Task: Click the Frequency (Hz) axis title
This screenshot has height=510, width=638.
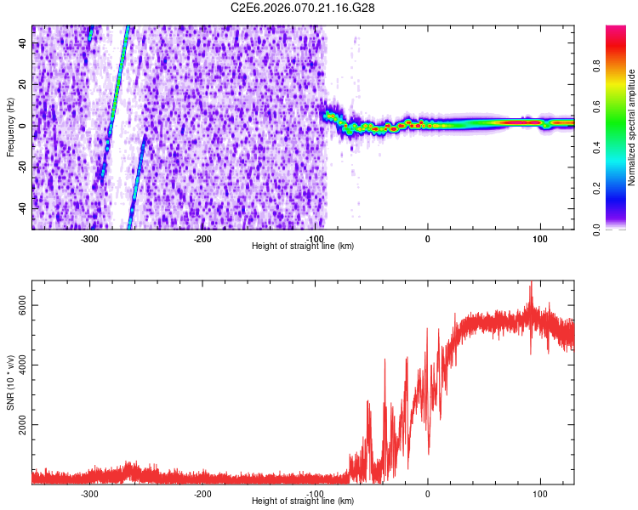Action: pos(10,127)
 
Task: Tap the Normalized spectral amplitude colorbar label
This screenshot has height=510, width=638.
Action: pos(632,127)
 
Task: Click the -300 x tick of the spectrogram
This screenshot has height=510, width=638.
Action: pos(90,238)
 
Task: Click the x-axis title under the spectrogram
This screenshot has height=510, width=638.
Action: pos(304,246)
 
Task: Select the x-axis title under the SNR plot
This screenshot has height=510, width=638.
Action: pos(304,501)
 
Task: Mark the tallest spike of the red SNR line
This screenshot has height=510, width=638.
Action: pos(532,283)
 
